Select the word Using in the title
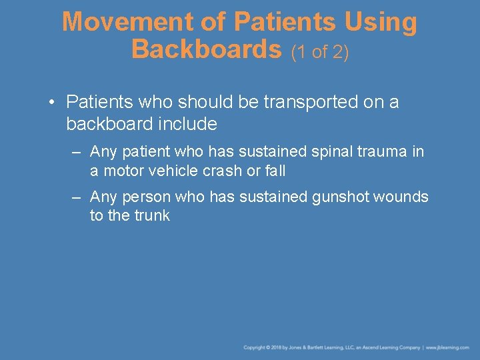pyautogui.click(x=381, y=22)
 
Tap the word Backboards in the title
pyautogui.click(x=207, y=49)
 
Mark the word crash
pyautogui.click(x=224, y=171)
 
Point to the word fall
pyautogui.click(x=275, y=171)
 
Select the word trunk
pyautogui.click(x=152, y=215)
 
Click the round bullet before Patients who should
pyautogui.click(x=51, y=102)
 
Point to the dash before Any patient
pyautogui.click(x=77, y=152)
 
